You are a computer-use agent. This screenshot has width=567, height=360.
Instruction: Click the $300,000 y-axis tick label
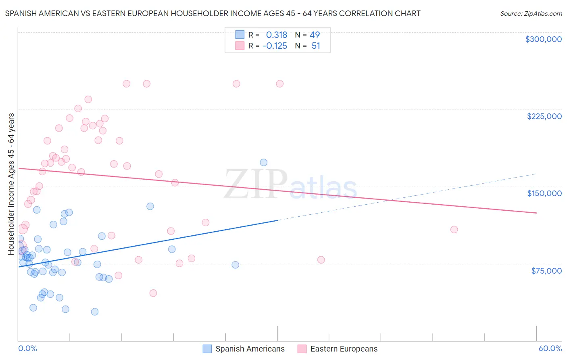pos(543,39)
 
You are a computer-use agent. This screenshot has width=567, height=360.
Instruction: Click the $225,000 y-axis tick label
pos(544,116)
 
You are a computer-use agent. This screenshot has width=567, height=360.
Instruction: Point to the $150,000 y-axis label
pos(544,193)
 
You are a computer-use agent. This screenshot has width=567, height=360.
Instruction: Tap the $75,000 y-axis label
pos(546,271)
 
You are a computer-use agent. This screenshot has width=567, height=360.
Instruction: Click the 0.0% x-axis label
pos(27,348)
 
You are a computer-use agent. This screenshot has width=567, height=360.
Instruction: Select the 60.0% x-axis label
pos(550,348)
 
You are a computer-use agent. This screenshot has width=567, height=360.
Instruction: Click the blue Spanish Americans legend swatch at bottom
pos(207,349)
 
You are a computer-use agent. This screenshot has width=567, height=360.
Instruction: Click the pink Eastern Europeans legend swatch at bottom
pos(302,349)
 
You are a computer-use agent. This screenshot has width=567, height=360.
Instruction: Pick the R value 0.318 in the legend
pos(276,35)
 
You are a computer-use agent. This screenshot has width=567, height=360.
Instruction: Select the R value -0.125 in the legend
pos(275,46)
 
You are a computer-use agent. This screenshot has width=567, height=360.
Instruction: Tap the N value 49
pos(315,35)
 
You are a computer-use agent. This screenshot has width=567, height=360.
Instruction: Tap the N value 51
pos(316,46)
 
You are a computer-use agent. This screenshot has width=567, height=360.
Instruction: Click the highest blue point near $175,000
pos(264,163)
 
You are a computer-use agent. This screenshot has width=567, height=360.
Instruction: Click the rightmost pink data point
pos(454,230)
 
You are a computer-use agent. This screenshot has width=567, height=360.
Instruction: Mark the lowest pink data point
pos(153,293)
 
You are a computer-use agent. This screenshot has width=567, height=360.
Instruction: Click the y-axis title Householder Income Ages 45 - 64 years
pos(11,184)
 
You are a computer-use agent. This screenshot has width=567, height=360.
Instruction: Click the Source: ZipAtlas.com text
pos(531,14)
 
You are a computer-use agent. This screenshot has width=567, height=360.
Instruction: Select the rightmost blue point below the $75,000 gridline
pos(236,265)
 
